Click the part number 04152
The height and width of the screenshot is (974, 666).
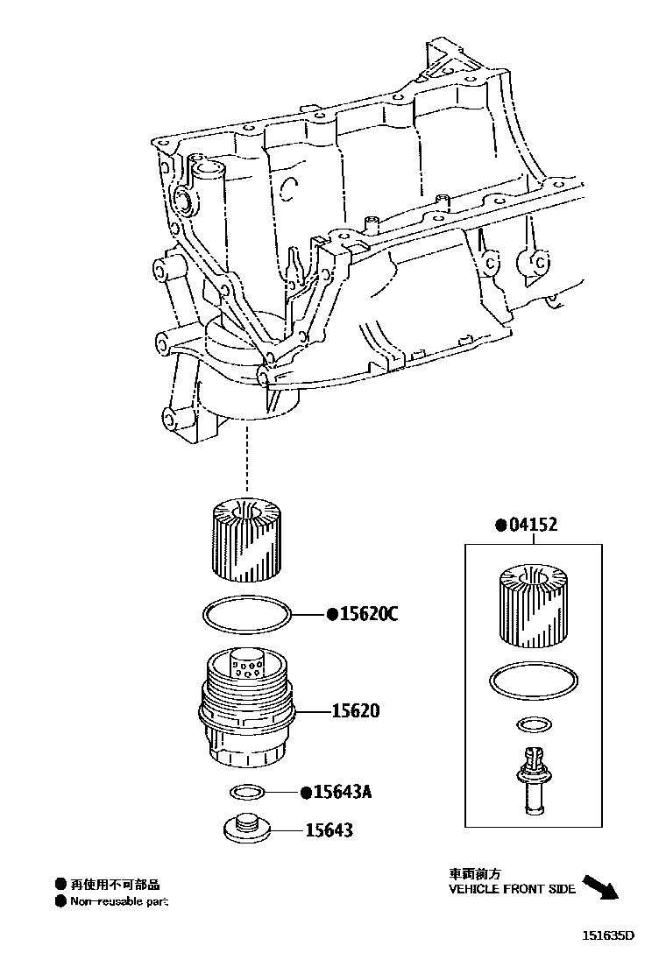click(533, 525)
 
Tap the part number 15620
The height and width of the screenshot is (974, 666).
click(356, 710)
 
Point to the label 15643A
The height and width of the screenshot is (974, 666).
click(343, 792)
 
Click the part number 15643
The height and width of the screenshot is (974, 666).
click(329, 829)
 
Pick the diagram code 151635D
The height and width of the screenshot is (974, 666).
click(608, 935)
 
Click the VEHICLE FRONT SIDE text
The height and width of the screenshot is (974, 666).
click(512, 889)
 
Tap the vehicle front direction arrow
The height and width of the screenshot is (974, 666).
click(600, 887)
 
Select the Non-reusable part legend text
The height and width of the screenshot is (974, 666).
click(118, 901)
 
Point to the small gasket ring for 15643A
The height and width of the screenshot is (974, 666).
click(247, 792)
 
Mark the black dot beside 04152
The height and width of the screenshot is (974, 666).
click(500, 526)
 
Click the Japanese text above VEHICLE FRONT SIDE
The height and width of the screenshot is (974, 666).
click(475, 873)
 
